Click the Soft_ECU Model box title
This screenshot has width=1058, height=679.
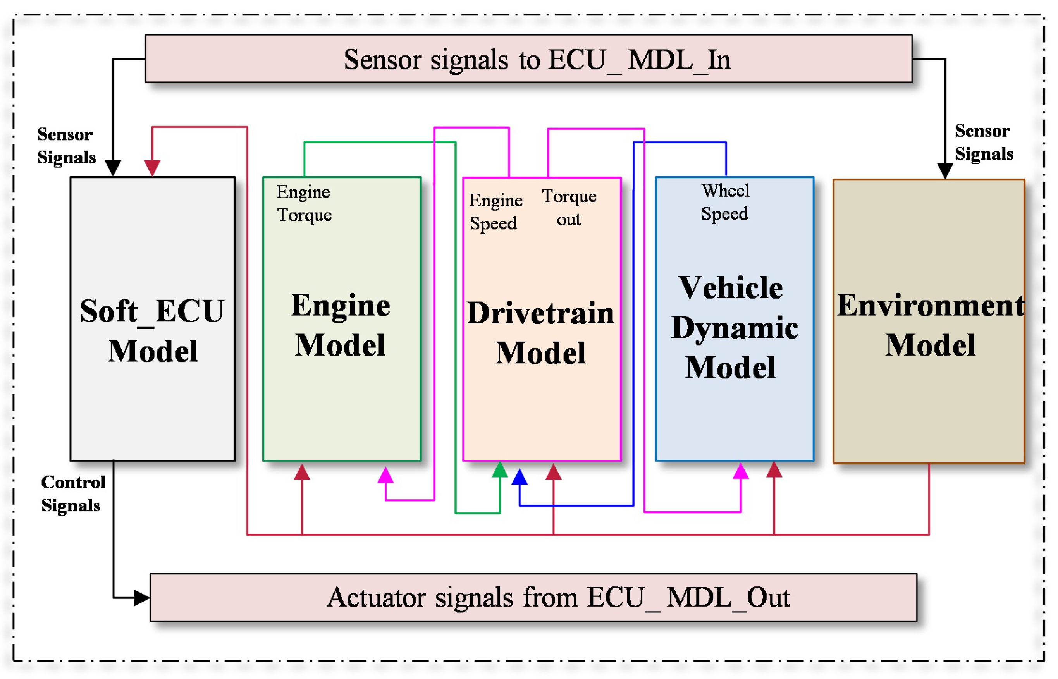pyautogui.click(x=152, y=331)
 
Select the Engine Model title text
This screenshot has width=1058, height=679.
pyautogui.click(x=341, y=325)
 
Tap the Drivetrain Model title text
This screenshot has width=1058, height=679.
pyautogui.click(x=541, y=333)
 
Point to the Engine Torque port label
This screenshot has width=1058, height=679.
pyautogui.click(x=304, y=203)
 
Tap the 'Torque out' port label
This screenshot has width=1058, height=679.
pyautogui.click(x=569, y=208)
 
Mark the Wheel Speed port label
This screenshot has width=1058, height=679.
pyautogui.click(x=725, y=202)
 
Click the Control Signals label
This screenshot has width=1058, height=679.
pyautogui.click(x=72, y=493)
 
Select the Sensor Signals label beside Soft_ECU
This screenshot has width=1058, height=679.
pyautogui.click(x=66, y=146)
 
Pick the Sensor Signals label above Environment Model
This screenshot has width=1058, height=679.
pyautogui.click(x=984, y=143)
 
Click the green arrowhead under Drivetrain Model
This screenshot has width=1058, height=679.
pyautogui.click(x=500, y=470)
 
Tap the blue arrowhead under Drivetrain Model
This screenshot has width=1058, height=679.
pyautogui.click(x=520, y=478)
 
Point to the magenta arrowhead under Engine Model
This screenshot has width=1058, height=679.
pyautogui.click(x=385, y=475)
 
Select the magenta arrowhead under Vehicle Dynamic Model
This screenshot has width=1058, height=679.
pyautogui.click(x=740, y=471)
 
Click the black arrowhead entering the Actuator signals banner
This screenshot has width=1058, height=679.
pyautogui.click(x=141, y=598)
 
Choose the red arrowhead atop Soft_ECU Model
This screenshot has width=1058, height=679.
pyautogui.click(x=152, y=168)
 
